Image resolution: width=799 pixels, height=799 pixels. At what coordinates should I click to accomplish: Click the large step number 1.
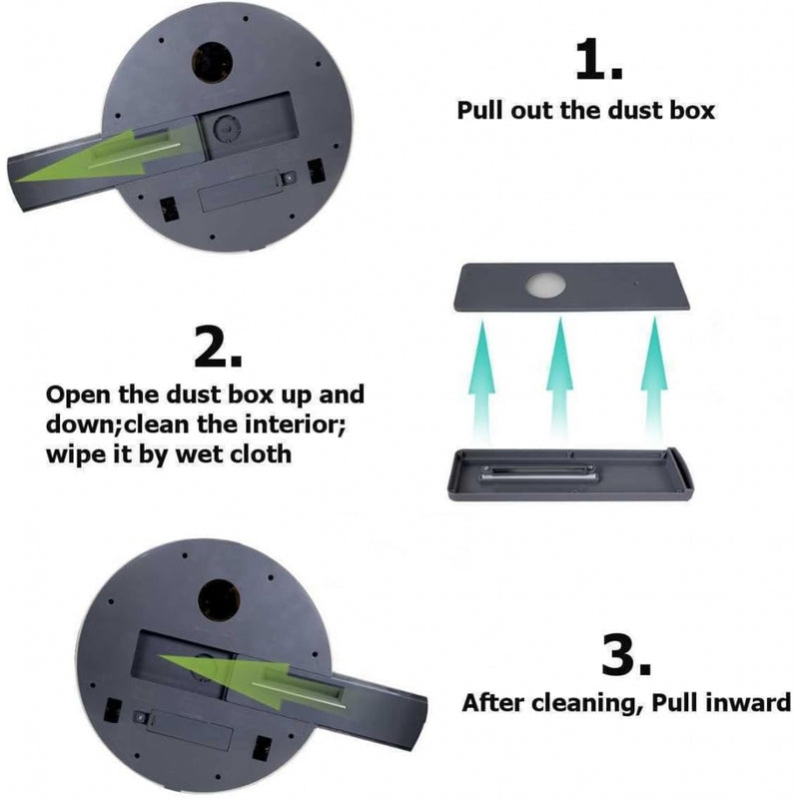(x=598, y=61)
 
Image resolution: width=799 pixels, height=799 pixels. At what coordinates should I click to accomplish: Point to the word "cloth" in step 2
(x=261, y=453)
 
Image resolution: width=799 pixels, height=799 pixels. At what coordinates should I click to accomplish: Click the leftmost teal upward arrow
(x=481, y=381)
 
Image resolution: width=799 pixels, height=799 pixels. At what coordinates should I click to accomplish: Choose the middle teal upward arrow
(x=559, y=380)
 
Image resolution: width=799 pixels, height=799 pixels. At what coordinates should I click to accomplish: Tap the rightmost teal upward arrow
(x=654, y=380)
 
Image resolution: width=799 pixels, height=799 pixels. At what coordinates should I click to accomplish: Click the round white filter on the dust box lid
(x=545, y=285)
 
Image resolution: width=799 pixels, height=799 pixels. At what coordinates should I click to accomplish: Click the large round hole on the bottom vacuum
(x=219, y=601)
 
